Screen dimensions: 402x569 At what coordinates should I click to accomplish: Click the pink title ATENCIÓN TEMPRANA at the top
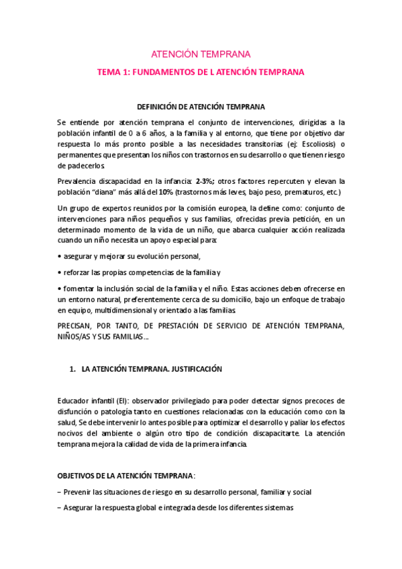[x=201, y=54]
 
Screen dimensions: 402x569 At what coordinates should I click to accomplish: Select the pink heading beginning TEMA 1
[x=201, y=72]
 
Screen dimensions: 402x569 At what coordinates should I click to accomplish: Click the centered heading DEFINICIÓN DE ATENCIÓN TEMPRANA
[x=201, y=107]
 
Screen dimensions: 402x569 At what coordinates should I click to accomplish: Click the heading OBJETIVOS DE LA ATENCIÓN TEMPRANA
[x=125, y=476]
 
